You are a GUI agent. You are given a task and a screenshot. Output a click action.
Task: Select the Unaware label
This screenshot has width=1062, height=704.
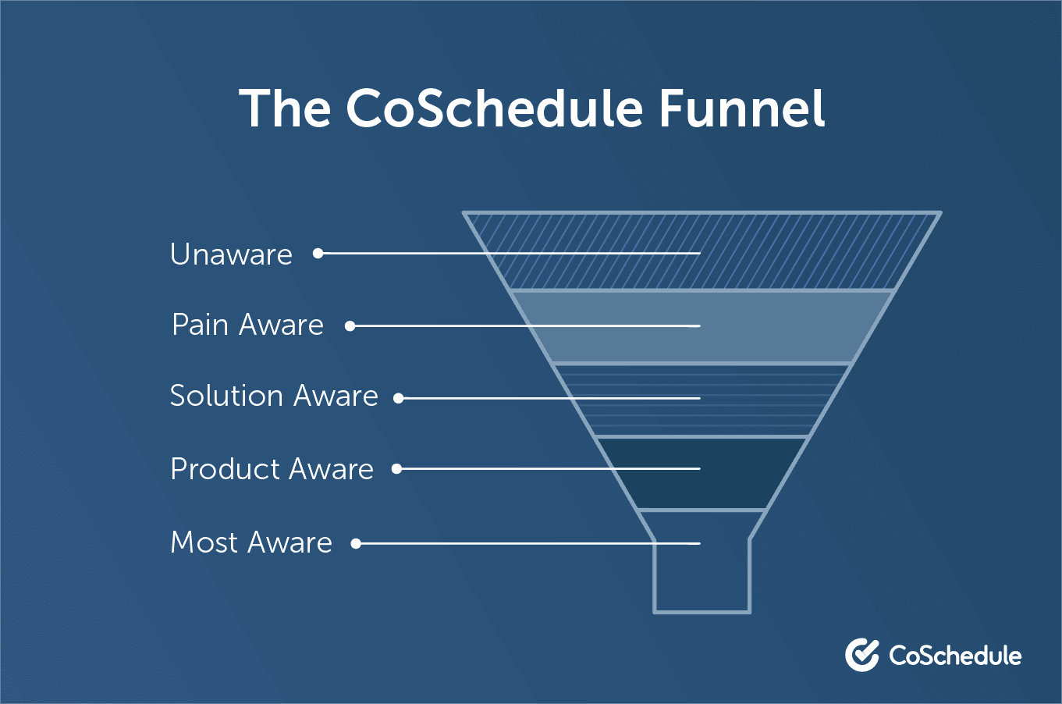231,254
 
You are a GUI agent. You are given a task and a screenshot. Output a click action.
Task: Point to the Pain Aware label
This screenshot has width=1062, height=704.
247,325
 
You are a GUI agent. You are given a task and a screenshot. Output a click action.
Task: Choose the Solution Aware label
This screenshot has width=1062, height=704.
274,396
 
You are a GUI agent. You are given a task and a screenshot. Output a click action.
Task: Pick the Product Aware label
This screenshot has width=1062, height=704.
272,469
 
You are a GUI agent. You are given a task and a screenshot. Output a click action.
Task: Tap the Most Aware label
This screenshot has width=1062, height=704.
251,542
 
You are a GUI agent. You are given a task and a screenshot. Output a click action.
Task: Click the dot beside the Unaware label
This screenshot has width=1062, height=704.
318,254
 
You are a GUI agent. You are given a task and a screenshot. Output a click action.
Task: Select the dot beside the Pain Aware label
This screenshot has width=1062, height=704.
350,326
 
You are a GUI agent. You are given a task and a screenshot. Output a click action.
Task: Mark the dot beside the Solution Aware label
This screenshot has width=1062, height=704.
398,398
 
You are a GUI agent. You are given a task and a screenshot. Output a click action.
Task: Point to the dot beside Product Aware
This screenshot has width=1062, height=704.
397,469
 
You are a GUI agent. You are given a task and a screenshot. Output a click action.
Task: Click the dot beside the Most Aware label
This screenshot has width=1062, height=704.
356,543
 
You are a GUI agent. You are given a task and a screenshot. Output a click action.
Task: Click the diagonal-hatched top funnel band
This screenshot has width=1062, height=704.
701,251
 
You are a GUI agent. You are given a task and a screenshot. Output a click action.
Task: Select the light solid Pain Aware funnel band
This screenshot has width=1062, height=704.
701,327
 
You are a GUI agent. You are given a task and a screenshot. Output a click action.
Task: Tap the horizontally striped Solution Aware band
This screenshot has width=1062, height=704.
701,400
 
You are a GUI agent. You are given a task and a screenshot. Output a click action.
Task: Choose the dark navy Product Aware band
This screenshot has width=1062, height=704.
701,473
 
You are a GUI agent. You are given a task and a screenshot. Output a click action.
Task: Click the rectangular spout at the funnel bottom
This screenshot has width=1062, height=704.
701,576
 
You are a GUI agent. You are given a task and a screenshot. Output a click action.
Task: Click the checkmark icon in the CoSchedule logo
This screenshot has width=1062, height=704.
861,655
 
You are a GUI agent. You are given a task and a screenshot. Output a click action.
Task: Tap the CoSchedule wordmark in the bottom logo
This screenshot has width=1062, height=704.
955,656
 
